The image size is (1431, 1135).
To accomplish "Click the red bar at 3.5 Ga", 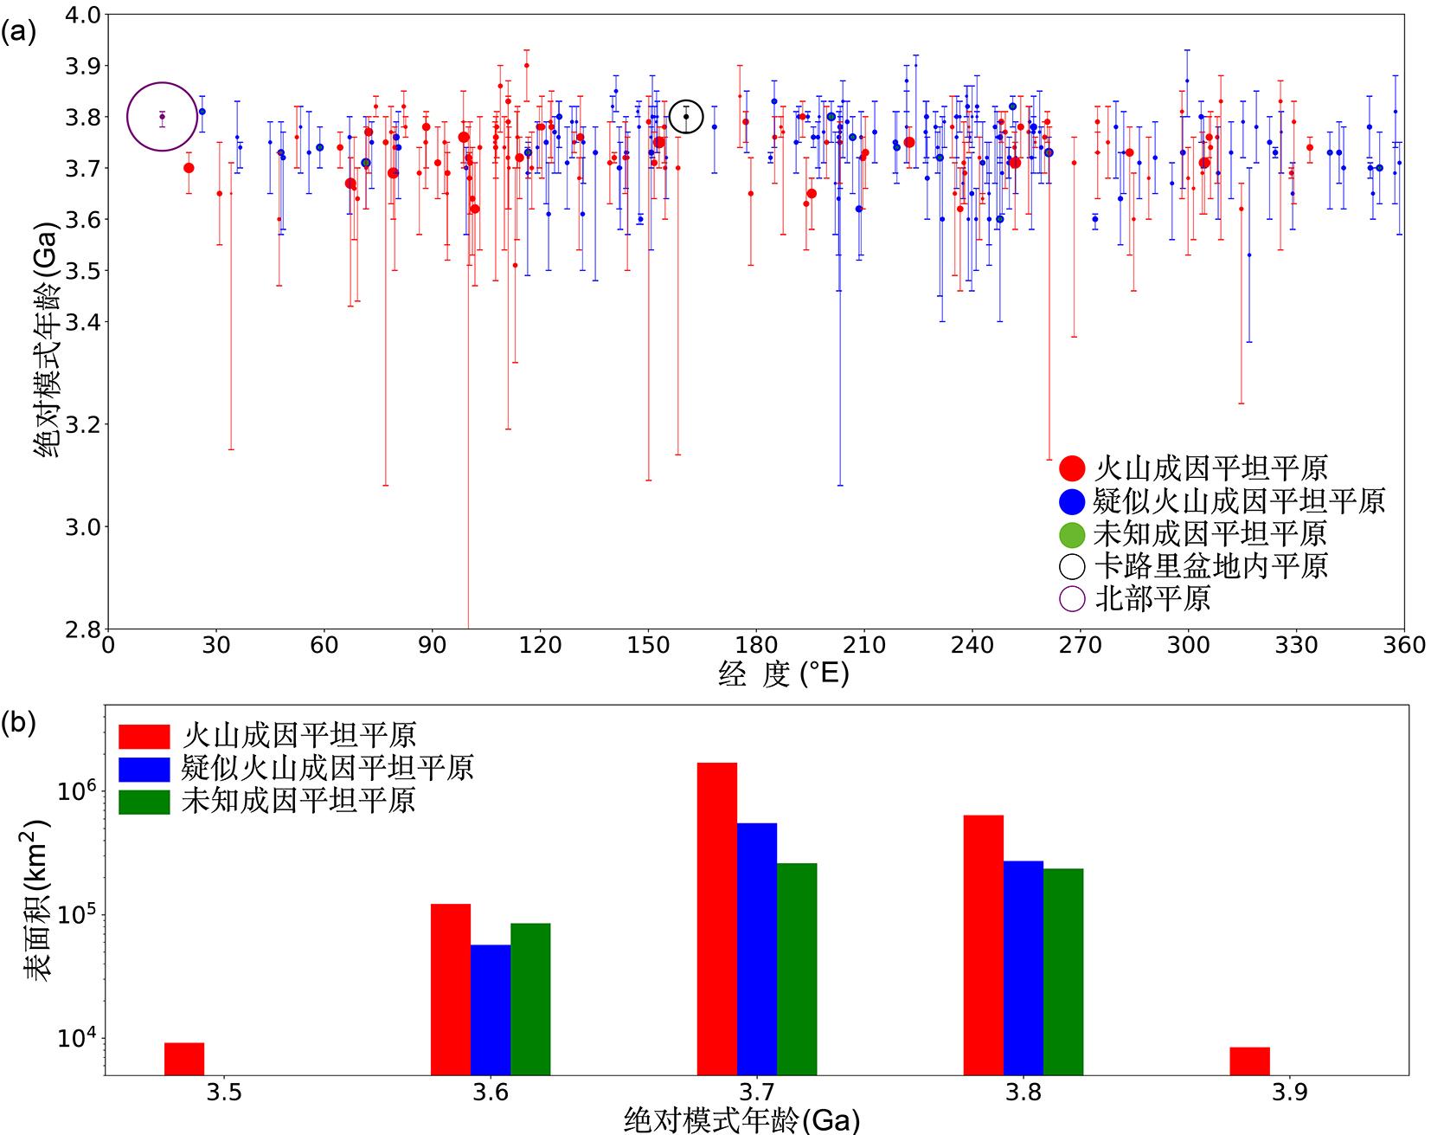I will point(184,1058).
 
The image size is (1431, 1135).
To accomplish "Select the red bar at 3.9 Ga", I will point(1249,1061).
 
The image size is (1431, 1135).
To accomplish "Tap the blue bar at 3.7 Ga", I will point(757,948).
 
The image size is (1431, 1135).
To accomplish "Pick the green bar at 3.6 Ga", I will point(530,998).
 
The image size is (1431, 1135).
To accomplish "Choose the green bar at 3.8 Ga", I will point(1063,971).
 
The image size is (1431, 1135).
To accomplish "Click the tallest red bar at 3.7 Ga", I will point(717,918).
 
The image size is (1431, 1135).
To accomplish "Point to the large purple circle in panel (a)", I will point(162,116).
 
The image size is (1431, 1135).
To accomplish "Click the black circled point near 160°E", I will point(686,116).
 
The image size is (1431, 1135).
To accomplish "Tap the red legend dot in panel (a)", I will point(1072,468).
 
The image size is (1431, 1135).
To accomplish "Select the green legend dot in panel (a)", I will point(1072,533).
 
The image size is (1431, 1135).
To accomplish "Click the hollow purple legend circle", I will point(1072,598).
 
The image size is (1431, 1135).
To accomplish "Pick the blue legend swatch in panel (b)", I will point(144,769).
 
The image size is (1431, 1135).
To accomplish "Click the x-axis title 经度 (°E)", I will point(783,674).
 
